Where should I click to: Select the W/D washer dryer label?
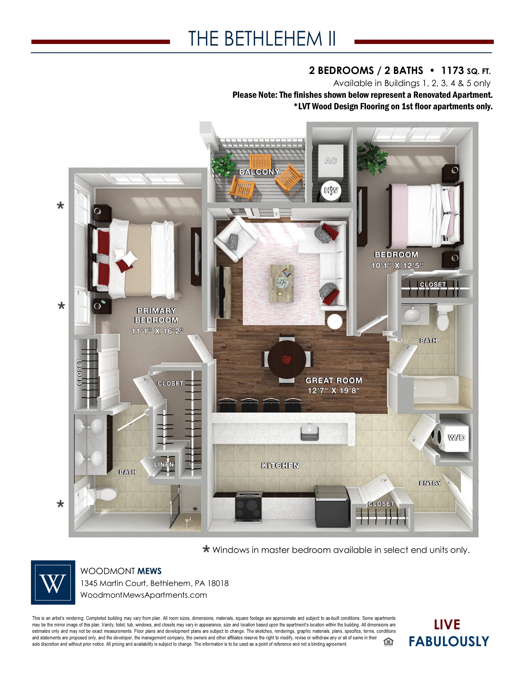(457, 438)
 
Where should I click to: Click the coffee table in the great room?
(282, 283)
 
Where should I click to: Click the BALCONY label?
(259, 172)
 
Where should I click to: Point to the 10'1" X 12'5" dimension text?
(397, 266)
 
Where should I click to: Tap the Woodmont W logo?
(53, 582)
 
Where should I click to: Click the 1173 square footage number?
(453, 70)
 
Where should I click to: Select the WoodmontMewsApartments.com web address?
(144, 595)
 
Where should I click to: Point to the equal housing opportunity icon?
(388, 641)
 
